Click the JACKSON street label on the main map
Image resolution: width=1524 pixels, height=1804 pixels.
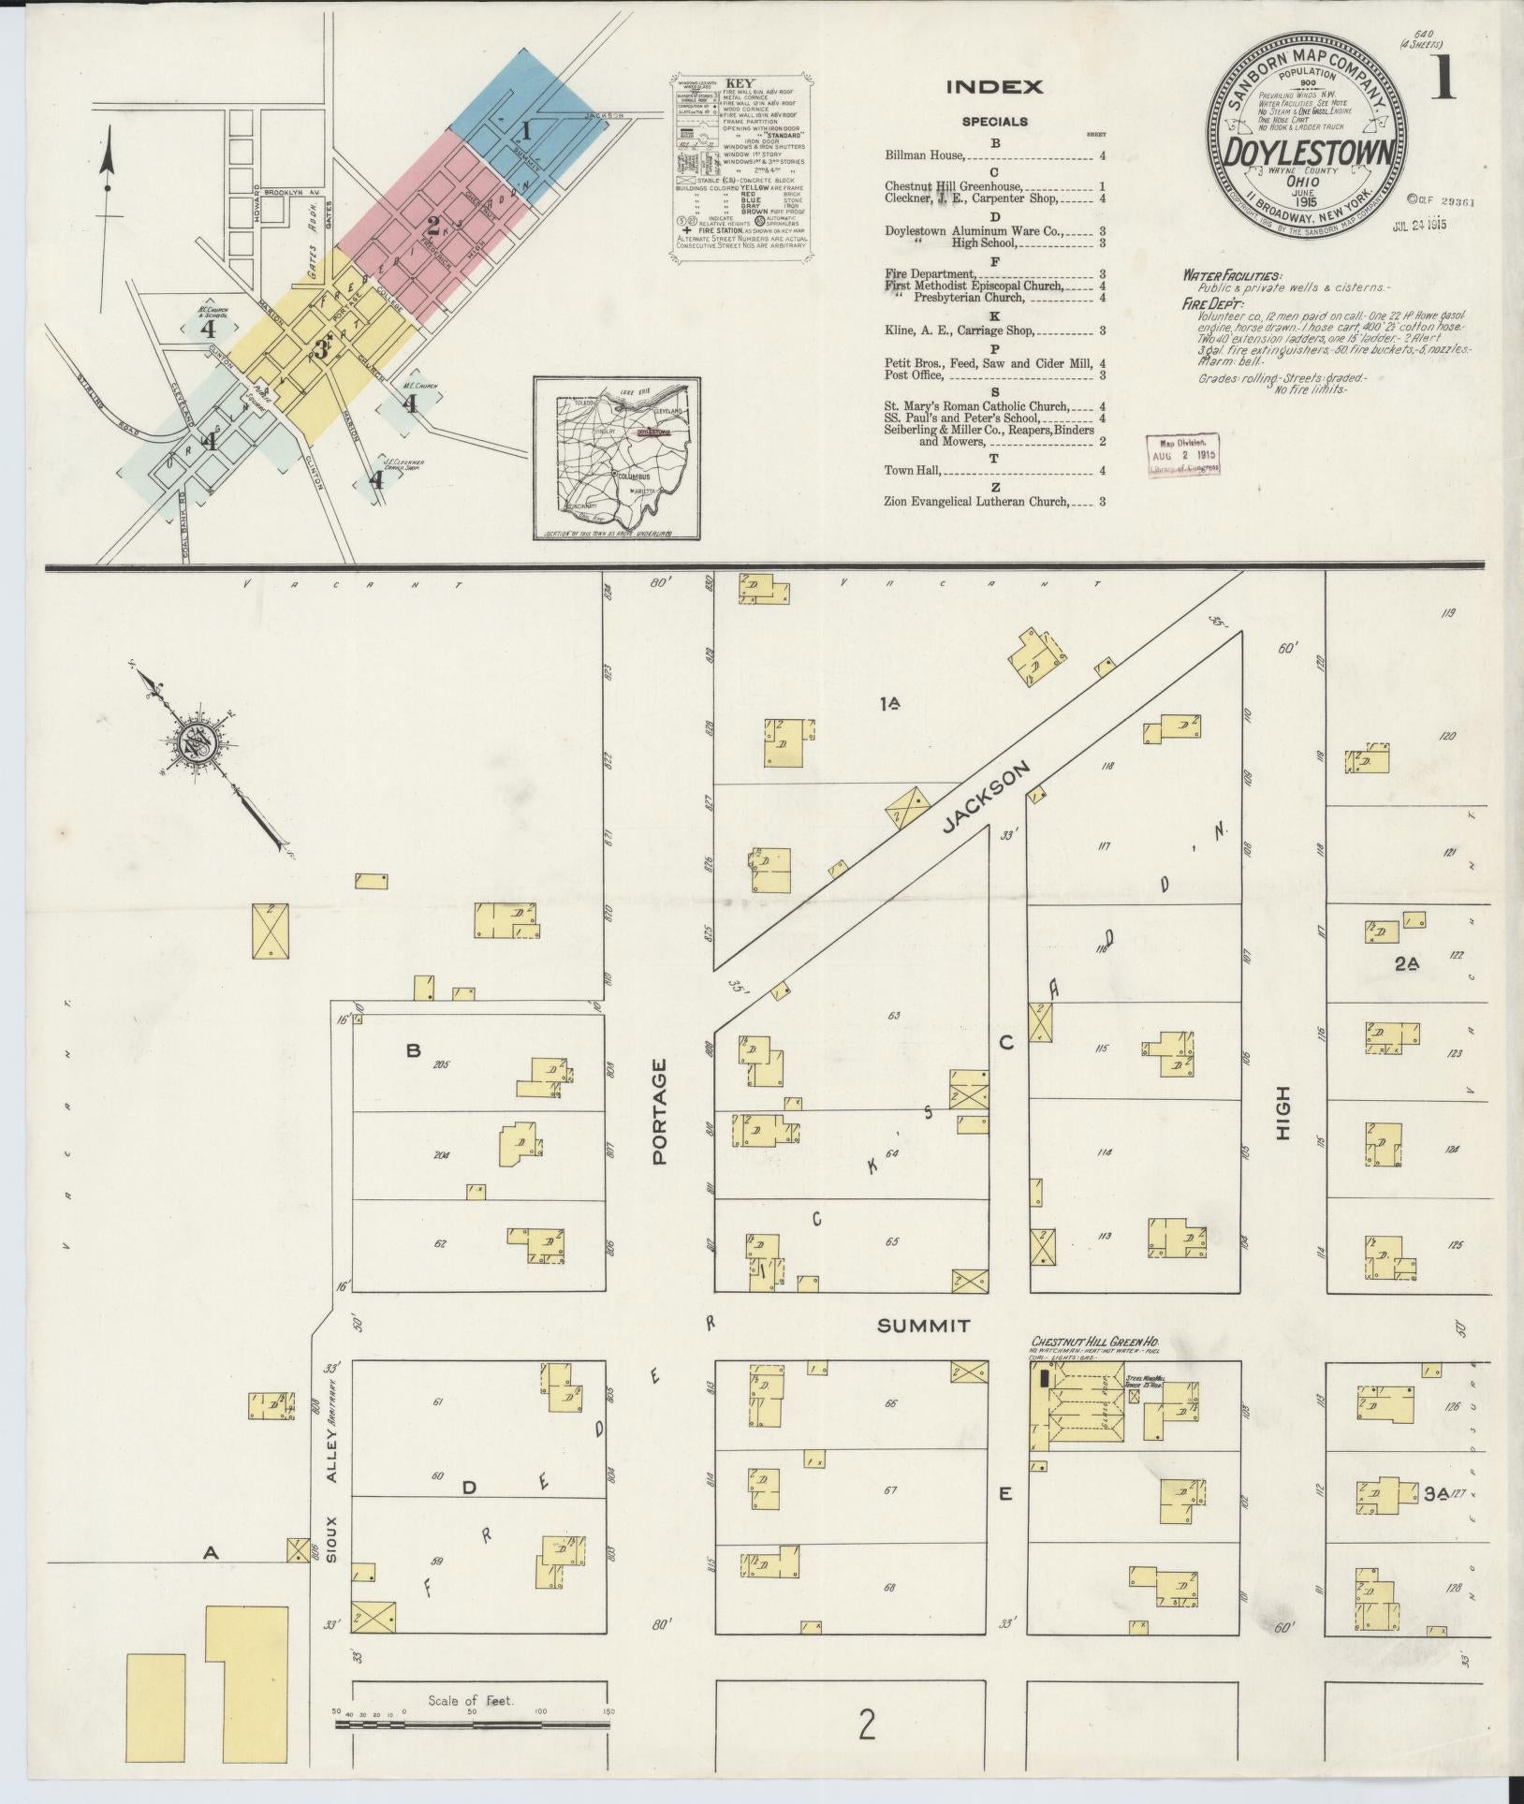[x=987, y=796]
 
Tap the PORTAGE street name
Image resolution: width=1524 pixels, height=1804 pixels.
[x=660, y=1111]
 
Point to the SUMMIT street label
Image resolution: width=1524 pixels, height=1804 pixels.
[x=923, y=1326]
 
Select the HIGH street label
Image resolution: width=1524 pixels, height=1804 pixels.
[x=1282, y=1112]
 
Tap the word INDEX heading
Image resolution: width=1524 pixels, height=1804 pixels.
[x=994, y=88]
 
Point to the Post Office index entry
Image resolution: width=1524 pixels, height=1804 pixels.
[x=916, y=375]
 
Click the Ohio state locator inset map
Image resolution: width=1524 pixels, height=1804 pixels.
[x=617, y=459]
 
